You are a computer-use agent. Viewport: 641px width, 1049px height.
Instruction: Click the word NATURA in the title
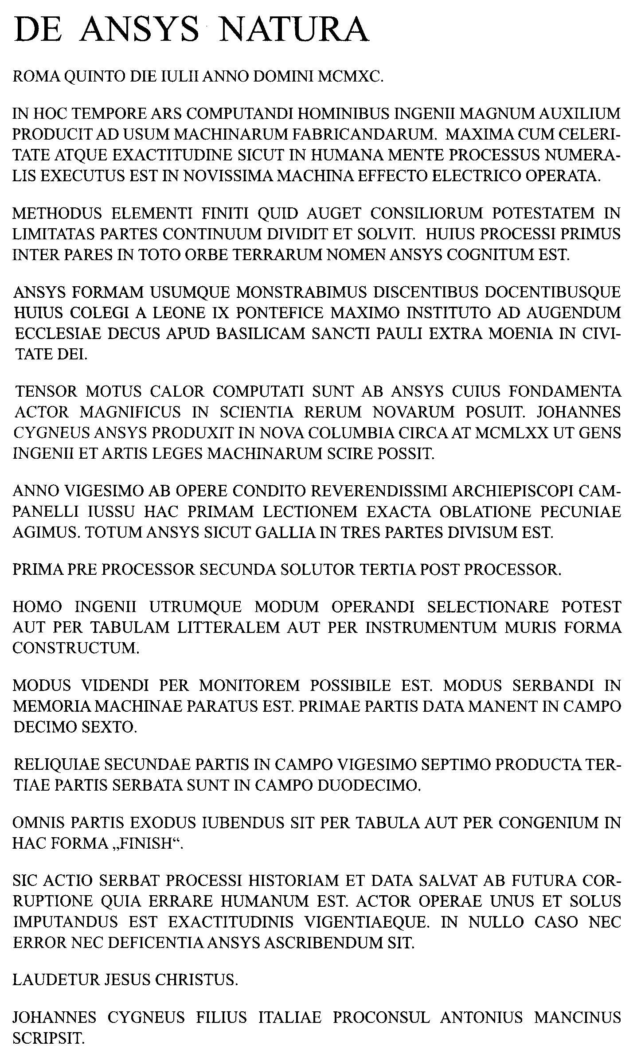[x=294, y=30]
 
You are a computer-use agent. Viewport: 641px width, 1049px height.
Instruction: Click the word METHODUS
[x=57, y=213]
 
